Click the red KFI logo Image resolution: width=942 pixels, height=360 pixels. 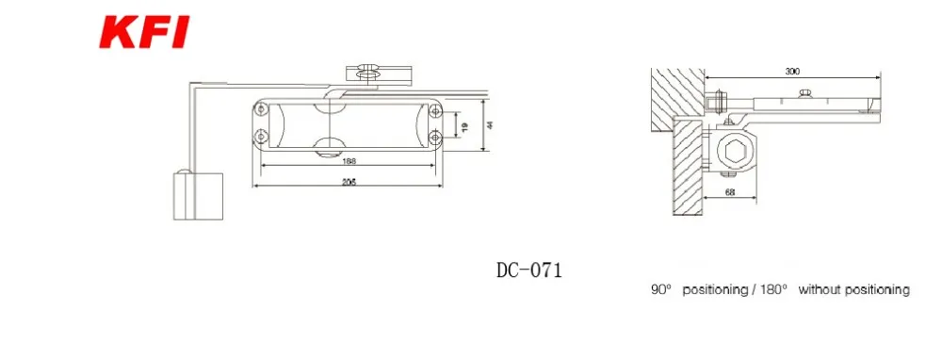point(144,32)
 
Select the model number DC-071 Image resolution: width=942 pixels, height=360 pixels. point(529,270)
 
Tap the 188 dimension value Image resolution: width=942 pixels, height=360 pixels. point(349,160)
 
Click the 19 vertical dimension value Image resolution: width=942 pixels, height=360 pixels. point(464,127)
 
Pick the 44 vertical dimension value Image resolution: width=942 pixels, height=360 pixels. point(490,125)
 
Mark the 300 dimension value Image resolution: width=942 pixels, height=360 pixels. point(792,72)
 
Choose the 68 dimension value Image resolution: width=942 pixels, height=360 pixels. point(730,192)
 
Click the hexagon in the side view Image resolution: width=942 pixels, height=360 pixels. point(736,151)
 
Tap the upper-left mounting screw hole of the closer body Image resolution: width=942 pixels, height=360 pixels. point(260,108)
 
